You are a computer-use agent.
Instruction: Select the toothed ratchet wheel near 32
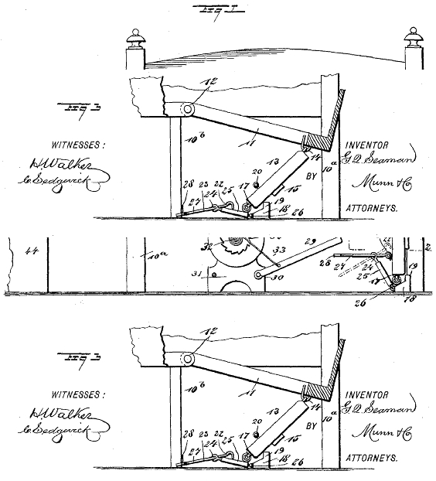233,247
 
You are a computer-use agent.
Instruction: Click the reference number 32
206,248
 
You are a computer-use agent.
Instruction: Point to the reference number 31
197,274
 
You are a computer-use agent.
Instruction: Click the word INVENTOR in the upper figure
367,144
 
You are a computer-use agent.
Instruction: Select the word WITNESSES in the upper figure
77,145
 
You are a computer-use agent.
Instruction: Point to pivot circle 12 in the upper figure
187,109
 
